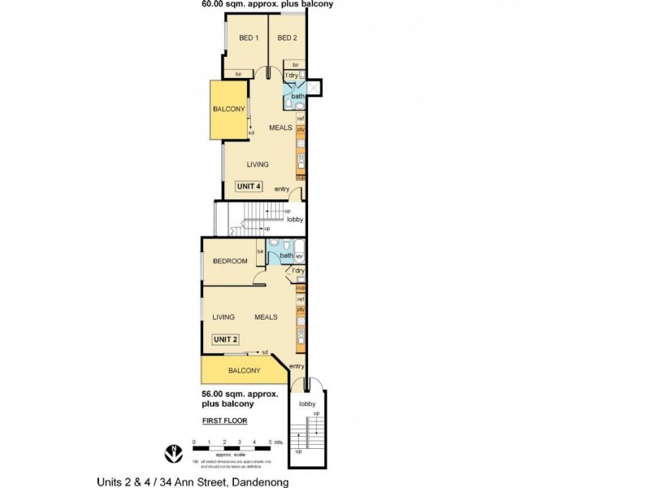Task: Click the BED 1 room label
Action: tap(248, 38)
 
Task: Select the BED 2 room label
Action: tap(286, 38)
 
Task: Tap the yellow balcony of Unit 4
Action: tap(229, 110)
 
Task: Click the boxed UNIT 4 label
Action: tap(249, 186)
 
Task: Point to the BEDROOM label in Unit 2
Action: tap(229, 261)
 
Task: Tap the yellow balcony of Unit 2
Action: tap(244, 371)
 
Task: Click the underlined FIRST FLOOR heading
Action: tap(225, 420)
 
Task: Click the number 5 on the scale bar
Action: tap(269, 443)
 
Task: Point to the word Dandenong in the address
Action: tap(261, 481)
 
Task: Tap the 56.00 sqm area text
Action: tap(240, 394)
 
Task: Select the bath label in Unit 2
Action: tap(286, 255)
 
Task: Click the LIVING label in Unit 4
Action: tap(258, 164)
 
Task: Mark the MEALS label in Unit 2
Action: tap(266, 317)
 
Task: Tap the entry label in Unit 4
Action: tap(282, 190)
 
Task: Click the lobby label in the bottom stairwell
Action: tap(307, 403)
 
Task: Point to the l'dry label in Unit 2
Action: tap(298, 270)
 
